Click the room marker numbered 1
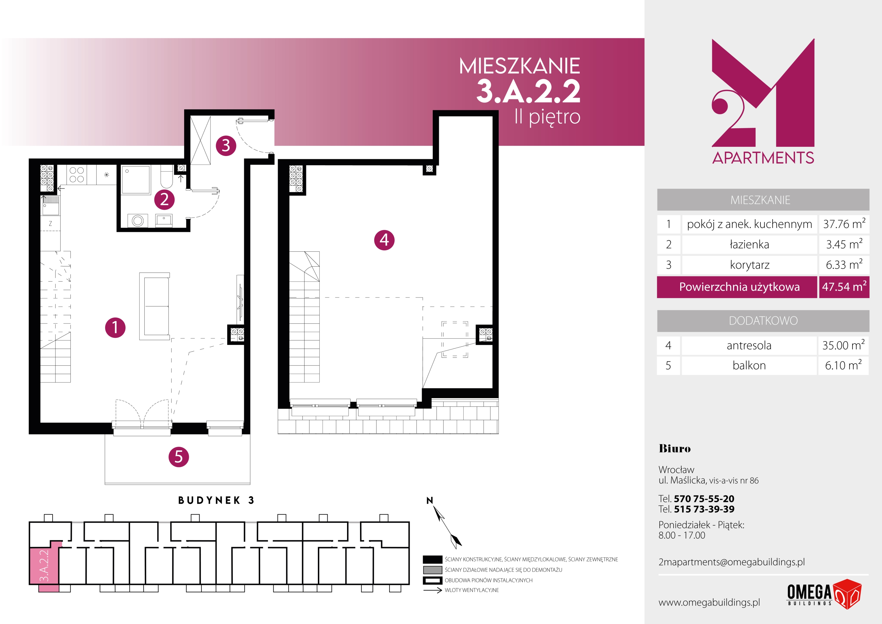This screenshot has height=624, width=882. coord(115,328)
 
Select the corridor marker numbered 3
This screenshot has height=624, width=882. coord(226,146)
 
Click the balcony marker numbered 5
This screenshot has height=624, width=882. coord(179,457)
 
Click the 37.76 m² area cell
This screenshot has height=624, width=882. coord(844,224)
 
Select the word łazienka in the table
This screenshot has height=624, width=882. coord(749,244)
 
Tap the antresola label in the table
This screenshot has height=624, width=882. coord(749,345)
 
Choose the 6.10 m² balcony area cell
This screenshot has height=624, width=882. coord(844,365)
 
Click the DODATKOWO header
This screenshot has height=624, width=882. coord(763,321)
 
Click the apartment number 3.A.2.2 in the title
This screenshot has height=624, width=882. coord(529,92)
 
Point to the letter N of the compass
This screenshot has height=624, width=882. coord(430,500)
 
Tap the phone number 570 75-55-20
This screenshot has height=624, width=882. coord(704,499)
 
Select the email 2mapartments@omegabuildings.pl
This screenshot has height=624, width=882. coord(731,562)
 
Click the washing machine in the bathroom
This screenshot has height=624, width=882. coord(137,221)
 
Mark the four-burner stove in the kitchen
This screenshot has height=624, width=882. coord(77,174)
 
